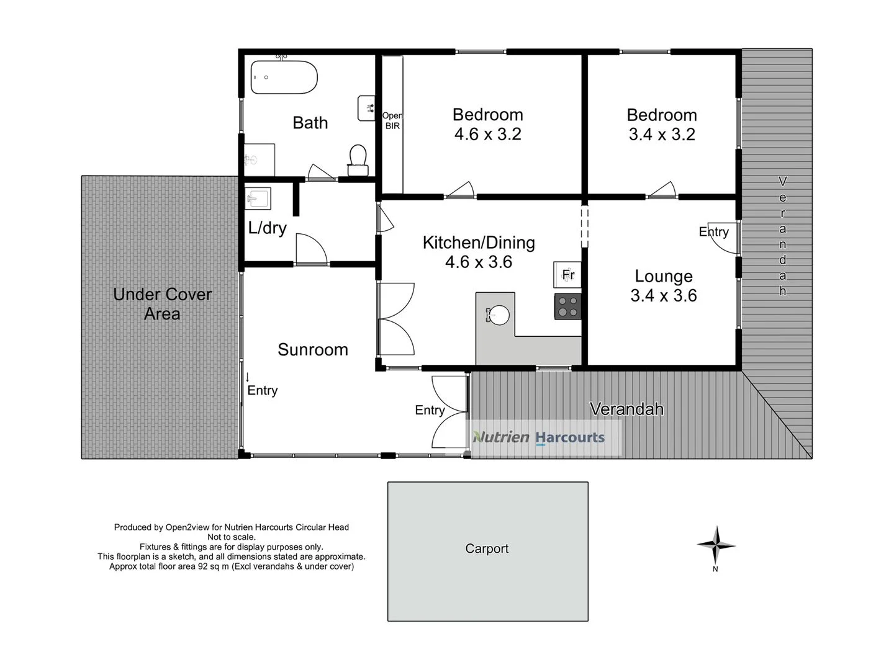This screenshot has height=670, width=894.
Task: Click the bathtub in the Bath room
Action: coord(284,78)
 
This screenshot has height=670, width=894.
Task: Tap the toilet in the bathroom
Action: coord(358,160)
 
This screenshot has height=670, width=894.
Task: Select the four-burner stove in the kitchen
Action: coord(567,306)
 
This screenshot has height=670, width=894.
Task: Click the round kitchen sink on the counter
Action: coord(497,315)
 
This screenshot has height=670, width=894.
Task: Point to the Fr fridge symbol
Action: coord(567,274)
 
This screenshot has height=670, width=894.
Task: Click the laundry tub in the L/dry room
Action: coord(257,199)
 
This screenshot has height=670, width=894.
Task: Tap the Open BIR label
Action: coord(392,120)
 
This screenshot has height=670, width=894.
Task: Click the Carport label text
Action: coord(487,548)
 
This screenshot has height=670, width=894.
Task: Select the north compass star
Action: coord(716,545)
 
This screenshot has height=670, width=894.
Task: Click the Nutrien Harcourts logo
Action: coord(539,437)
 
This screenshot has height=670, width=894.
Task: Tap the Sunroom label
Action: coord(312,350)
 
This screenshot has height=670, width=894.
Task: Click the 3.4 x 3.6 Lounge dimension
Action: coord(663,296)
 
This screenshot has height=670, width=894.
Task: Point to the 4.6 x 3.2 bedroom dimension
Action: coord(487,134)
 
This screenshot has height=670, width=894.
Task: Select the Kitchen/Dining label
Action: coord(479,243)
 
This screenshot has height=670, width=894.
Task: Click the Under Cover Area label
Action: coord(162,304)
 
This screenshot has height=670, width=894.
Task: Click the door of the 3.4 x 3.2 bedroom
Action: coord(661,190)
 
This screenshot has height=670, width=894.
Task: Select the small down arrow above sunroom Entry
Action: coord(248,377)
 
